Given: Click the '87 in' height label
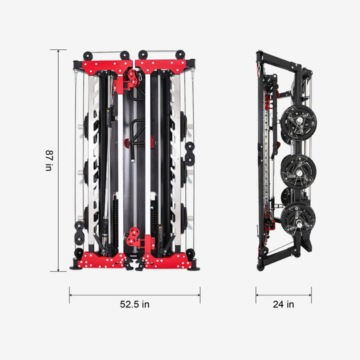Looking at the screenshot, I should click(x=48, y=161).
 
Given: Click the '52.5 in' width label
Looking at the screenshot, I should click(x=135, y=305).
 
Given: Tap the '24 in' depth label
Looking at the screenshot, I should click(x=283, y=305).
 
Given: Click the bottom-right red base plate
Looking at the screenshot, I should click(x=166, y=261).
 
